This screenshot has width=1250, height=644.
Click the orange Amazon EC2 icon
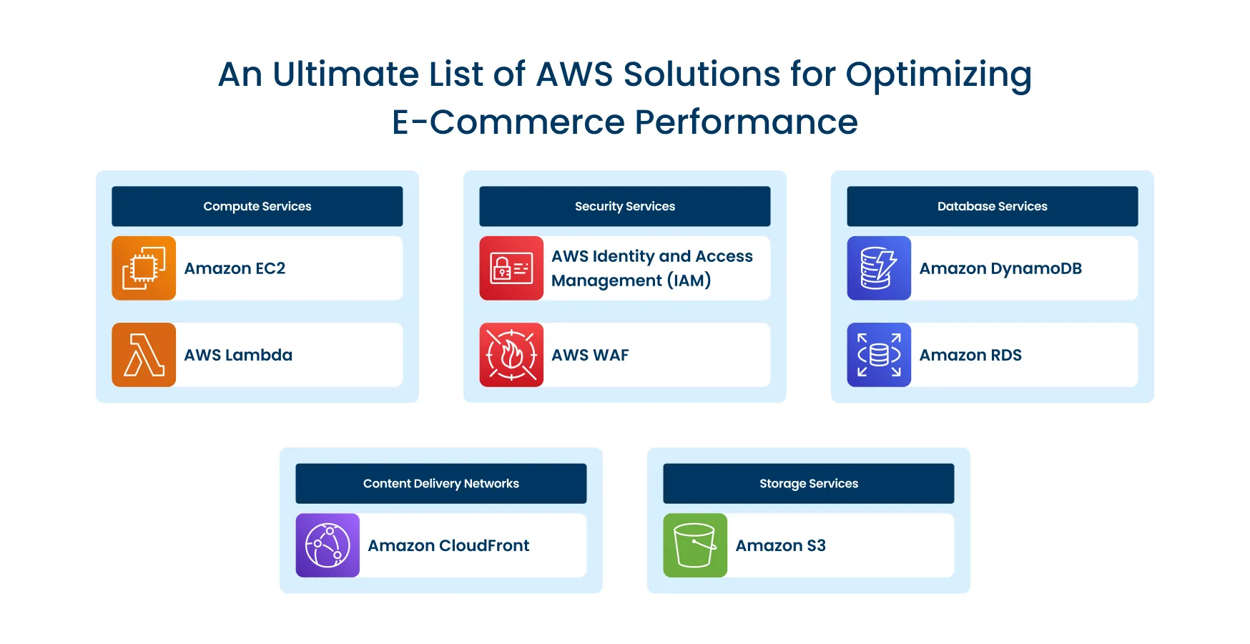144,268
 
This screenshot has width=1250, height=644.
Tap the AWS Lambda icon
144,355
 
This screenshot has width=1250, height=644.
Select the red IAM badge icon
511,268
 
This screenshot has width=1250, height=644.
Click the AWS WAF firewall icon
511,355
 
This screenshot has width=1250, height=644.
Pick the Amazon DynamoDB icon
879,268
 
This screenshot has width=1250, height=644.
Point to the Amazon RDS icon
879,355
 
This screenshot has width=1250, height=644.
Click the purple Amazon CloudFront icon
328,545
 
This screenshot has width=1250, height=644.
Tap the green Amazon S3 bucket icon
695,545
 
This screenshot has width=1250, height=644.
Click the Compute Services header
257,206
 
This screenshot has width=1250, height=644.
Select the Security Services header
625,206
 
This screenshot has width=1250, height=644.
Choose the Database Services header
993,206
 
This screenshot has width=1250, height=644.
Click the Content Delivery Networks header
441,484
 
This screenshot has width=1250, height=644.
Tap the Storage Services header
809,484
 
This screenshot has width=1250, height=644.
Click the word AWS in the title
574,74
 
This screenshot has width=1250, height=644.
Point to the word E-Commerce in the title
508,122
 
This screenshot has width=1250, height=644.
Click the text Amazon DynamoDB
1000,268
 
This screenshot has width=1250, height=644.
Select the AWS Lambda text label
238,355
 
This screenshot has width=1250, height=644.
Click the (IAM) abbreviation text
689,280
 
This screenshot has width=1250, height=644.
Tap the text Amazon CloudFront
448,545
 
